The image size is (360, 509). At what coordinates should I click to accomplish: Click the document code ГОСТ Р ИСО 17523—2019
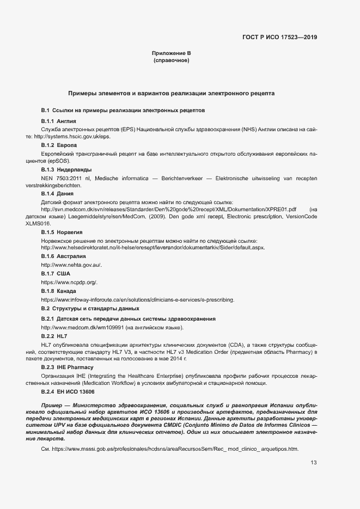pyautogui.click(x=279, y=38)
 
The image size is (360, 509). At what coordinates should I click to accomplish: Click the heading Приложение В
pyautogui.click(x=171, y=53)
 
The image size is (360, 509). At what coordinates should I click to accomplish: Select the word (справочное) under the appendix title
pyautogui.click(x=171, y=60)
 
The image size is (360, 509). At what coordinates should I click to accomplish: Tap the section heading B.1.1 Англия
pyautogui.click(x=58, y=120)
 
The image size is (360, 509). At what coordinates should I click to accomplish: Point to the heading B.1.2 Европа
pyautogui.click(x=59, y=145)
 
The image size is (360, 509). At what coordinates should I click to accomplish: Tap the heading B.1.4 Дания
pyautogui.click(x=57, y=193)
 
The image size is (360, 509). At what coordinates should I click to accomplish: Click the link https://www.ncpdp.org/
pyautogui.click(x=69, y=283)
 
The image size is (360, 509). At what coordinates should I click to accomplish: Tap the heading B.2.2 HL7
pyautogui.click(x=54, y=336)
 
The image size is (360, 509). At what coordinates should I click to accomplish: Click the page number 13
pyautogui.click(x=313, y=463)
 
